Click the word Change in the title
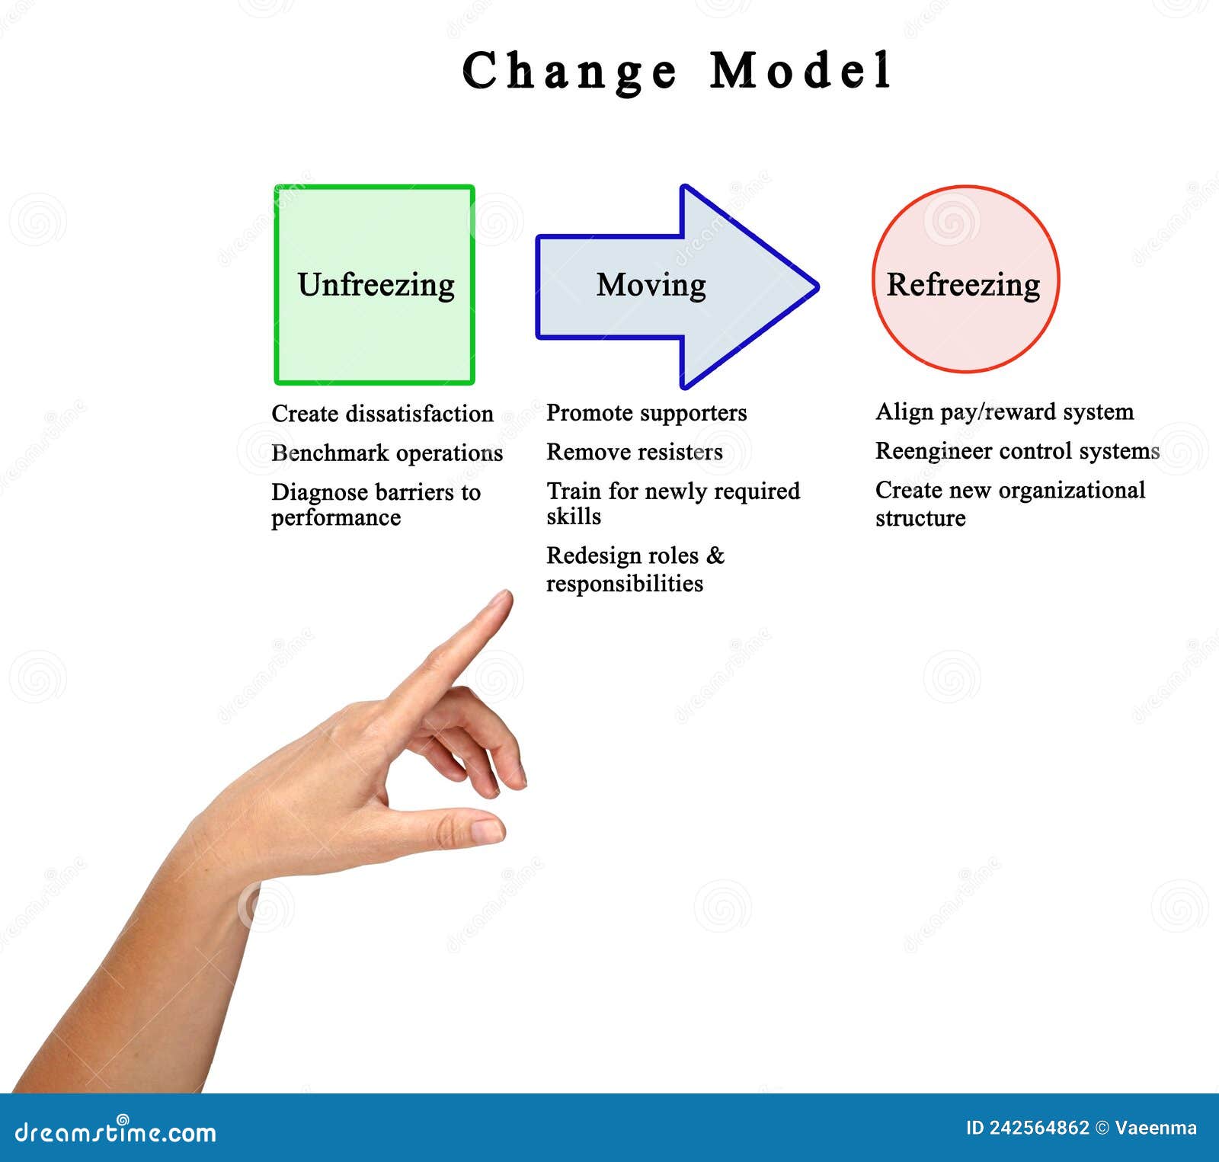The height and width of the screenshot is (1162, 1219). (x=569, y=71)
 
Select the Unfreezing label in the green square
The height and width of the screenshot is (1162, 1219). (x=376, y=285)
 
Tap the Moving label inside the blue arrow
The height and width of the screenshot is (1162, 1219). (x=651, y=285)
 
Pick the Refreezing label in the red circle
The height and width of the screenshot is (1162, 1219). (x=963, y=285)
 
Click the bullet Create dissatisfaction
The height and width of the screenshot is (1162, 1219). (x=382, y=414)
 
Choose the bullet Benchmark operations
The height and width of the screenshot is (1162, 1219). (x=387, y=453)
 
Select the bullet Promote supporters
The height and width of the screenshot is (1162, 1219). (x=646, y=413)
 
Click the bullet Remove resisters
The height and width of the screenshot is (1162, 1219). (x=634, y=452)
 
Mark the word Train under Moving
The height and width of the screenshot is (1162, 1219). (x=574, y=491)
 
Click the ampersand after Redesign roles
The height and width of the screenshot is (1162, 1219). (x=715, y=555)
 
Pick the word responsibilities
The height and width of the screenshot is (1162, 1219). (x=624, y=584)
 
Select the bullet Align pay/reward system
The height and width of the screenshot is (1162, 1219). (x=1004, y=412)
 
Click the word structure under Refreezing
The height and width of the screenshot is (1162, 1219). (x=920, y=518)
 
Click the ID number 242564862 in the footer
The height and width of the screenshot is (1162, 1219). (x=1038, y=1128)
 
